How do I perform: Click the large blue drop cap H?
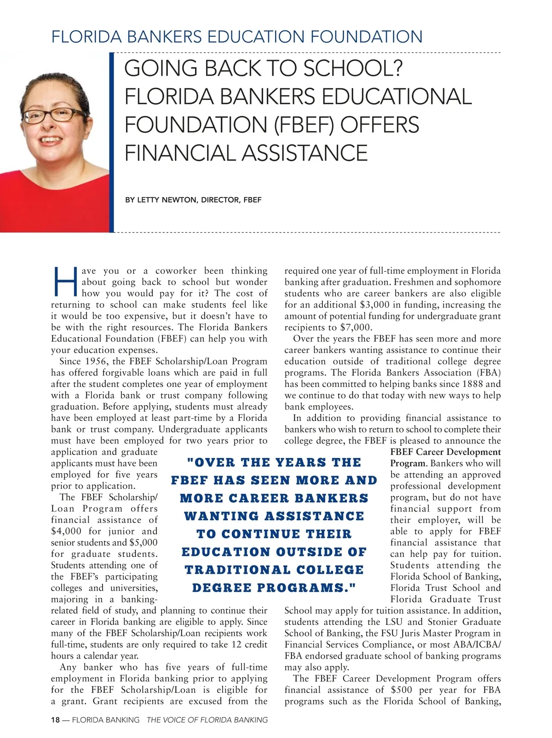tap(65, 281)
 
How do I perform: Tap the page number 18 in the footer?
tap(55, 720)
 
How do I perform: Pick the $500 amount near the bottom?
tap(402, 690)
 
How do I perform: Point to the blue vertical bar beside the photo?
tap(111, 142)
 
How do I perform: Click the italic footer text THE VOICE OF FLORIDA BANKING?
tap(207, 720)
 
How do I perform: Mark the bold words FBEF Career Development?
tap(445, 452)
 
